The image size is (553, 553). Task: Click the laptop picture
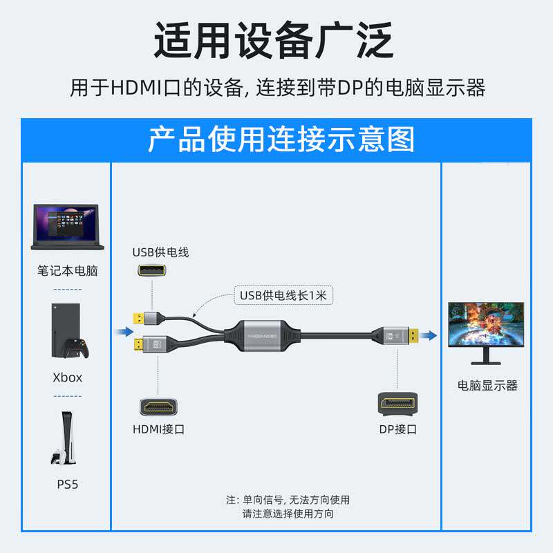(67, 227)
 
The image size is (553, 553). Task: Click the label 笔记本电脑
(67, 271)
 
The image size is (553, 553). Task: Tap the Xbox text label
(67, 377)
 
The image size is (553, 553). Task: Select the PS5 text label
(67, 485)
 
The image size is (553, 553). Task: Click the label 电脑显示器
(487, 386)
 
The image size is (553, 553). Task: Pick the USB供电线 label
(160, 252)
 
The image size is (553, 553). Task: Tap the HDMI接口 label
(159, 429)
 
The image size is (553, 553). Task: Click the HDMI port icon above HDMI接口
(159, 405)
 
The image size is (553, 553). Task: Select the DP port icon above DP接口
(397, 403)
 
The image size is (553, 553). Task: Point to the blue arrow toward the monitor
(430, 335)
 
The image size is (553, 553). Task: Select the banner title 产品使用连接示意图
(276, 140)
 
